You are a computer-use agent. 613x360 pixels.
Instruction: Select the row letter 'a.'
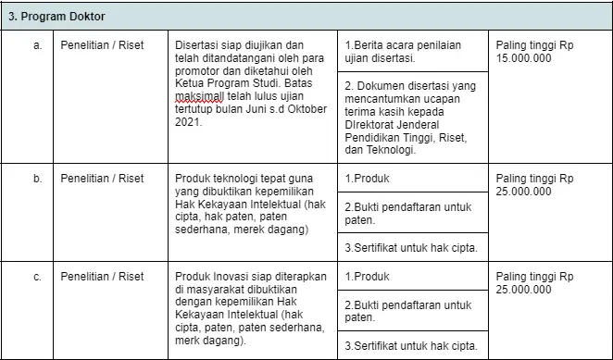pos(38,44)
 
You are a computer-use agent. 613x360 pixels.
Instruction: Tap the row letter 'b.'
pos(38,178)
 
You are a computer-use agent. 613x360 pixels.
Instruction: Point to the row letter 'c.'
pos(38,276)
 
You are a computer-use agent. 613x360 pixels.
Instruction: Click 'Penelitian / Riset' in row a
pos(102,44)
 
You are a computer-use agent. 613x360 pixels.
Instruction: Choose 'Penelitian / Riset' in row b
pos(102,178)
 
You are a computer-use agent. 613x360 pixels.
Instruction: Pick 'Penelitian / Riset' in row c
pos(102,276)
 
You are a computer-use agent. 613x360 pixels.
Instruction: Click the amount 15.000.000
pos(523,57)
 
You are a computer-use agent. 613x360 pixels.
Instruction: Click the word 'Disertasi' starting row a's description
pos(196,44)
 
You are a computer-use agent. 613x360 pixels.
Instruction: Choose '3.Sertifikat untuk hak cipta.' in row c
pos(410,346)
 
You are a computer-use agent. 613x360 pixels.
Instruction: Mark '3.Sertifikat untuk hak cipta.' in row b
pos(410,248)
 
